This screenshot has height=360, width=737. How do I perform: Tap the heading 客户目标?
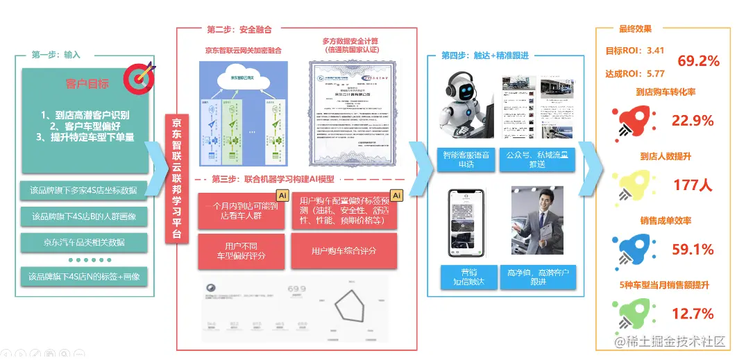[87, 84]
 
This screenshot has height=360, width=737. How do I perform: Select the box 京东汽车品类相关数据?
[84, 242]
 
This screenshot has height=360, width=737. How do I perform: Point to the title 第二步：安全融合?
[239, 30]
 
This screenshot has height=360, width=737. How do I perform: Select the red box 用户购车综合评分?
[344, 250]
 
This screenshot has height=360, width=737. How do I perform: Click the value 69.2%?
[698, 61]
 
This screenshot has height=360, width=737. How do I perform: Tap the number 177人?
[693, 185]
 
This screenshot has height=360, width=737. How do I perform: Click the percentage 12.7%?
[693, 314]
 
